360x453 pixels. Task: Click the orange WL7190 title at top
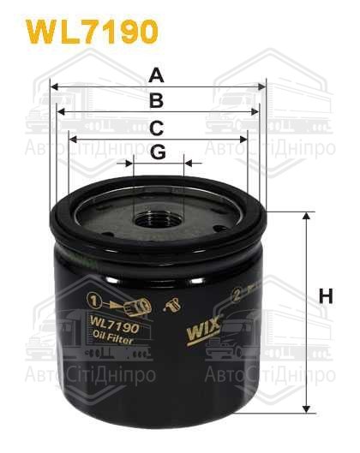[93, 32]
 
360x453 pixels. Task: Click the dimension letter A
[156, 75]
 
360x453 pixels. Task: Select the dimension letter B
[156, 101]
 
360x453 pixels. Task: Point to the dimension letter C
[156, 128]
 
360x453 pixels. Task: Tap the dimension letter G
[157, 152]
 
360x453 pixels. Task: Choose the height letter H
[325, 297]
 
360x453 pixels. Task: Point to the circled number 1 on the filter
[93, 301]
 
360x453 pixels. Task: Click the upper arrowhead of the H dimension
[306, 217]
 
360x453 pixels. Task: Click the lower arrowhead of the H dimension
[306, 404]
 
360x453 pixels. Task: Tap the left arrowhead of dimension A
[54, 86]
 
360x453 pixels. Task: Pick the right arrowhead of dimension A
[262, 86]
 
